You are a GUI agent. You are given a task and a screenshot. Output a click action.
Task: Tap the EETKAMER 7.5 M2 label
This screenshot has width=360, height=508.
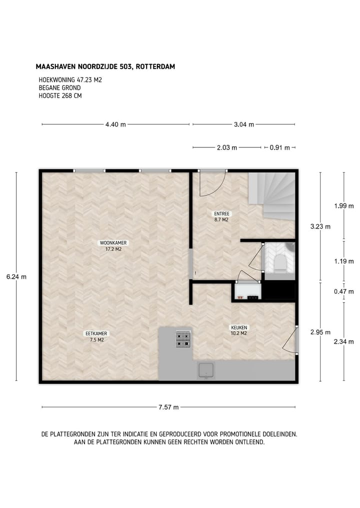click(x=96, y=336)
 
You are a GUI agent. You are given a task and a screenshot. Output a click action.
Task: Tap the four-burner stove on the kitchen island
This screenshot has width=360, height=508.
click(x=183, y=340)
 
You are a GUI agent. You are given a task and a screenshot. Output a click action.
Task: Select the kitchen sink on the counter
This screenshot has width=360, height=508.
click(x=206, y=371)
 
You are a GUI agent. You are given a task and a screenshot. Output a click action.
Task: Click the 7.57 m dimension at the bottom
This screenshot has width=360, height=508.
click(x=168, y=407)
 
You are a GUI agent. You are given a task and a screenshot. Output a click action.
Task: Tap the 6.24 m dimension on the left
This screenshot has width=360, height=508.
click(x=16, y=277)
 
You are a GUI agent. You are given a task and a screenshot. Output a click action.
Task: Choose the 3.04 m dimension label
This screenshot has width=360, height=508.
click(x=243, y=124)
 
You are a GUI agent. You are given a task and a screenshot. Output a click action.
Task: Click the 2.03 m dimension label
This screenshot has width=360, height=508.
click(x=226, y=147)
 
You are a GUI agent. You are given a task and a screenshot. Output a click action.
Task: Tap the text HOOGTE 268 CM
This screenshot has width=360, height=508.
click(x=60, y=96)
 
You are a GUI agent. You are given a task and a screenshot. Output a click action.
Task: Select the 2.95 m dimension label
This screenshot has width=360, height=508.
click(x=320, y=332)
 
